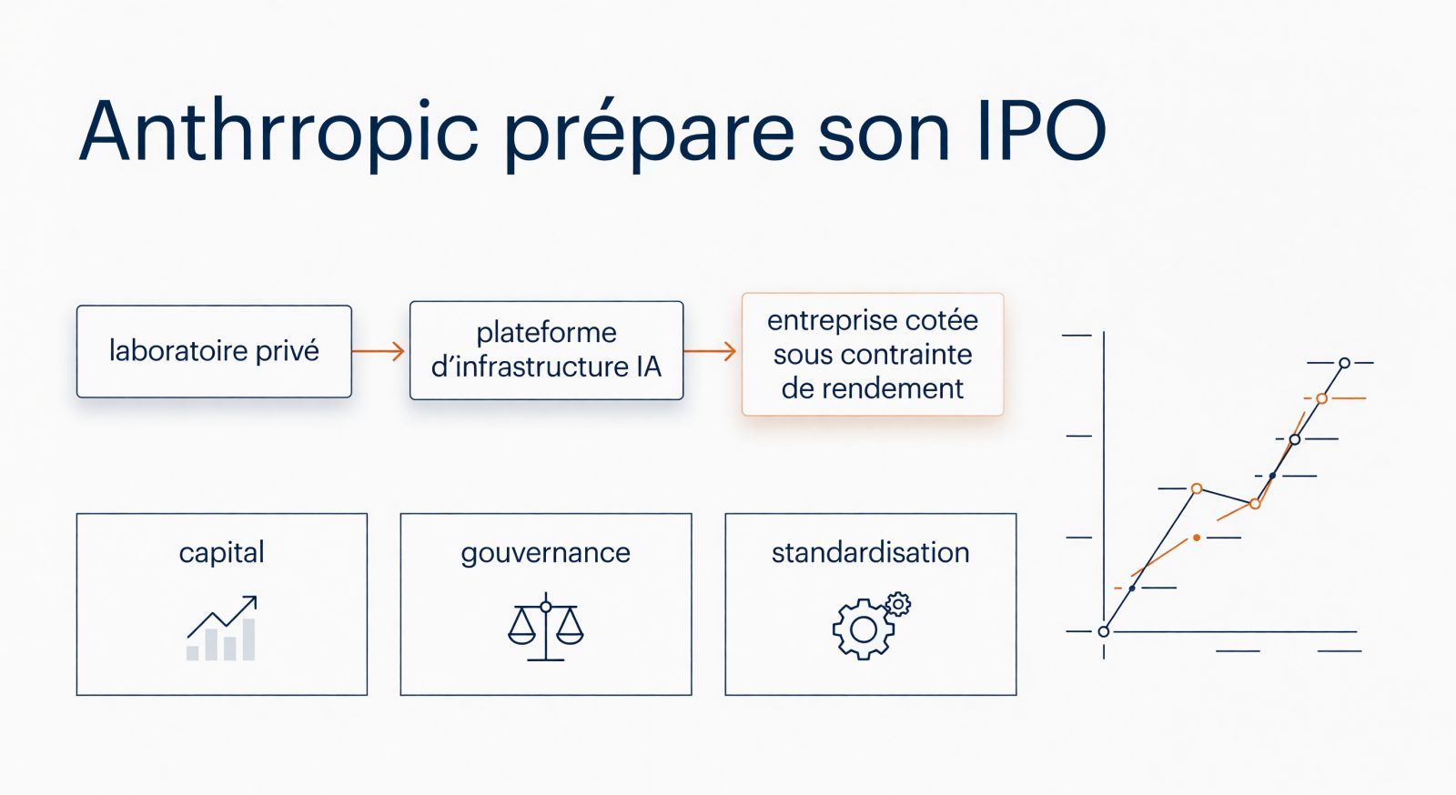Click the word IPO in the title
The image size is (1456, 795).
click(x=1041, y=131)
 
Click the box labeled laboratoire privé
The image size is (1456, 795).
click(x=214, y=351)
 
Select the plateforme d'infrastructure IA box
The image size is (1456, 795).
click(x=547, y=350)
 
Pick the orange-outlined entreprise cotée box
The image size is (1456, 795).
click(x=873, y=354)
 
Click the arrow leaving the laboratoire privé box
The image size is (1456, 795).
click(x=379, y=351)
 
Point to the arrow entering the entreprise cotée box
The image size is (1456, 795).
click(x=710, y=351)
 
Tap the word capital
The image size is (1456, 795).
click(x=222, y=553)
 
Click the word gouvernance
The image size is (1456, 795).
click(x=545, y=554)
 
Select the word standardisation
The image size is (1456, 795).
click(x=870, y=553)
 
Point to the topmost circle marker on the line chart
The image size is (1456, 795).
click(x=1345, y=363)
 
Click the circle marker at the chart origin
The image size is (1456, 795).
click(x=1104, y=632)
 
